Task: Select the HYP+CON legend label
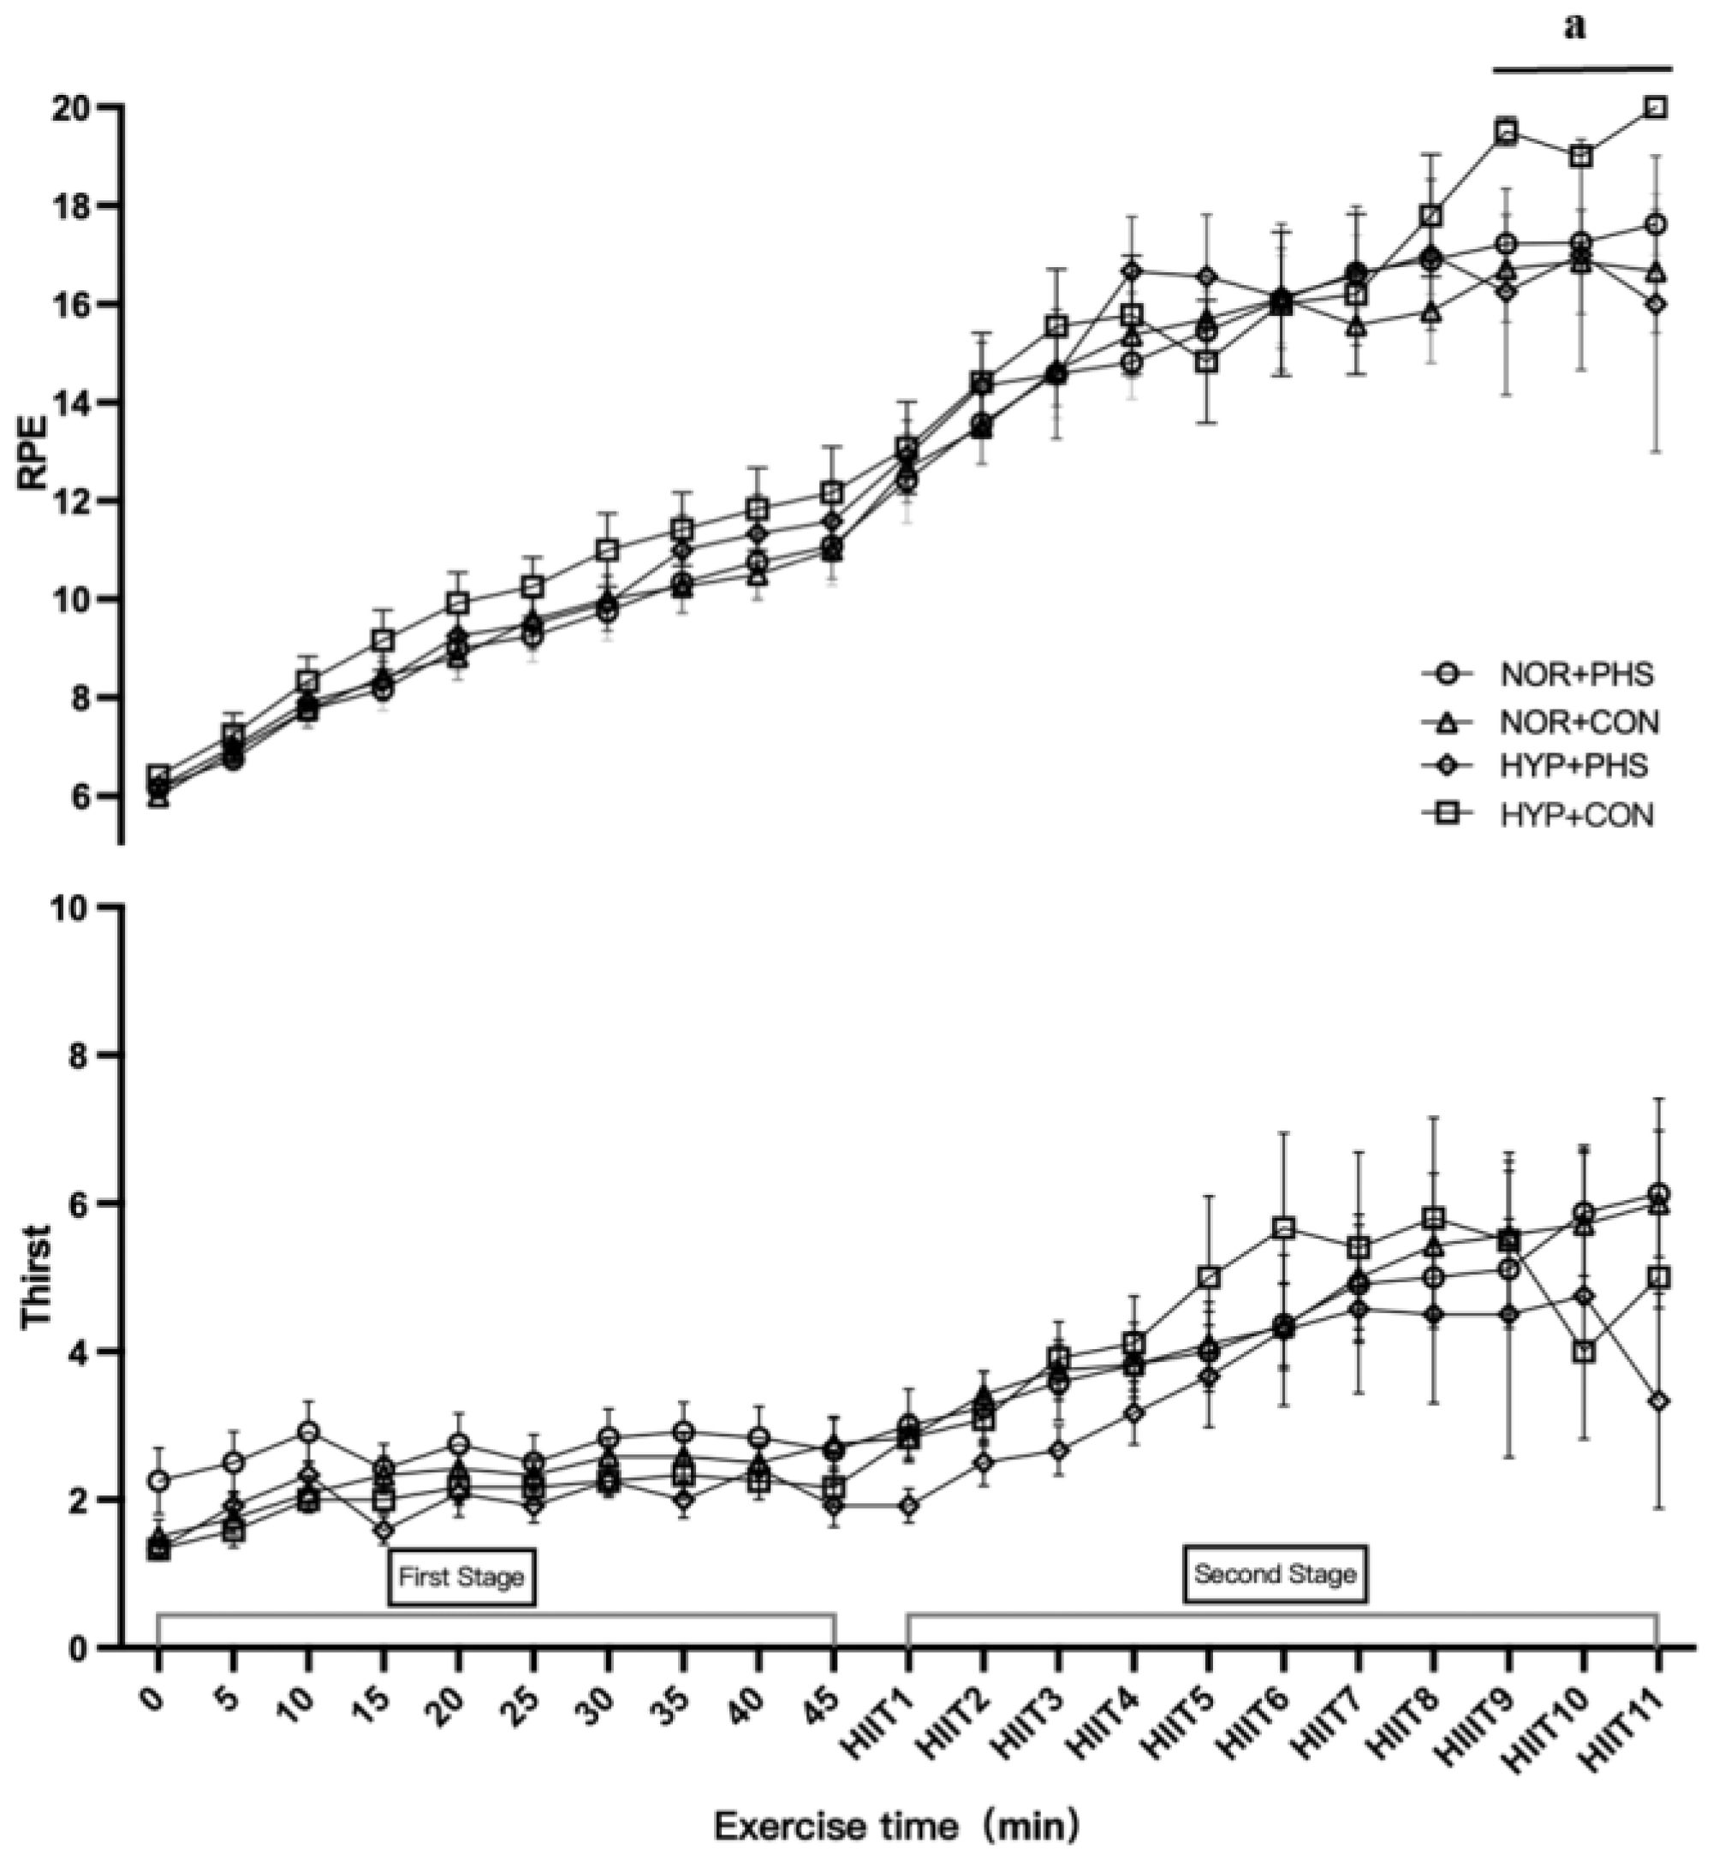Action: (x=1576, y=816)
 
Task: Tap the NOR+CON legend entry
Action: (x=1578, y=721)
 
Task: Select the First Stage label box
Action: (x=461, y=1577)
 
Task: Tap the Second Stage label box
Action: (x=1276, y=1574)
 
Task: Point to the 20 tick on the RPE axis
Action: (x=80, y=108)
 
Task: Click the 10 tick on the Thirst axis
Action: (x=80, y=907)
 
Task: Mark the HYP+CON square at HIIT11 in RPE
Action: (x=1656, y=107)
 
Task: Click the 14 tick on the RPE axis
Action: (x=80, y=402)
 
